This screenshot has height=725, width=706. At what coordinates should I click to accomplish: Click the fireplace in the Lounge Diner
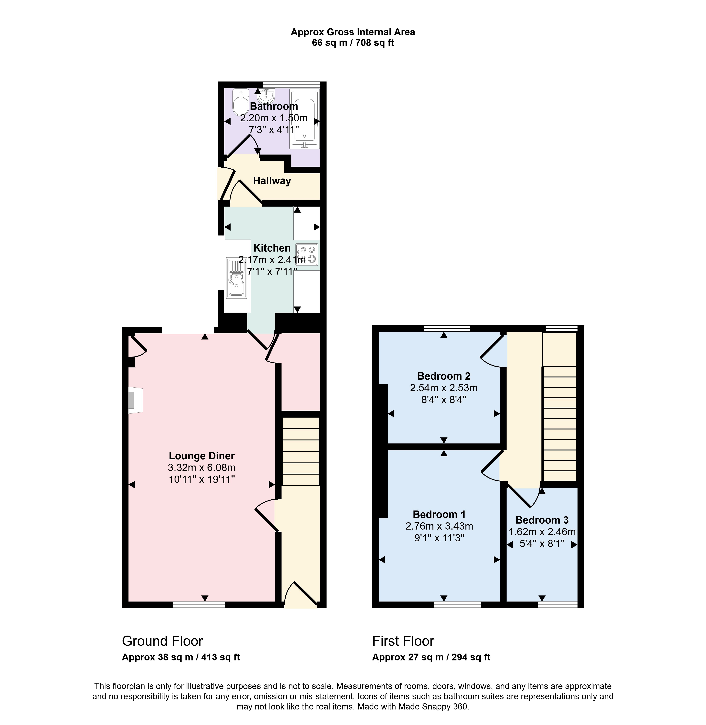tap(135, 400)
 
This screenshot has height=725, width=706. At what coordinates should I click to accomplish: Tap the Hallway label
tap(272, 181)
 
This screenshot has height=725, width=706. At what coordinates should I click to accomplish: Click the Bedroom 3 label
tap(542, 520)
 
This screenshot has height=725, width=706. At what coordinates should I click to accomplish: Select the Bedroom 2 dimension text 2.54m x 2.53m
tap(444, 388)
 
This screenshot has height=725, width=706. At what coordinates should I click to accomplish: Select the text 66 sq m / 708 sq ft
tap(353, 43)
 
